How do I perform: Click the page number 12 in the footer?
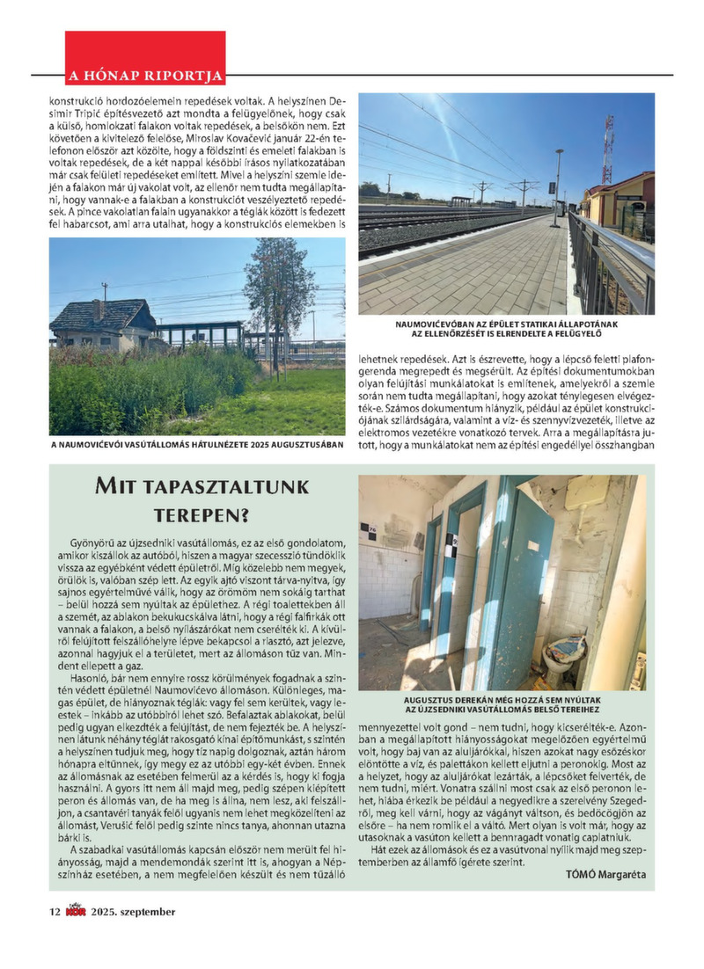(54, 912)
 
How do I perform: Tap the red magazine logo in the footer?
(76, 912)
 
